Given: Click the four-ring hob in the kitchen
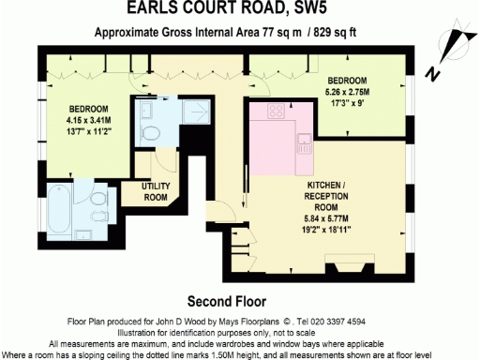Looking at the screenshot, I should pyautogui.click(x=277, y=112).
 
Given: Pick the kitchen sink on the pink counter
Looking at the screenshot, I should pyautogui.click(x=304, y=143).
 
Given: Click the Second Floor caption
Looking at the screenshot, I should pyautogui.click(x=227, y=302).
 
